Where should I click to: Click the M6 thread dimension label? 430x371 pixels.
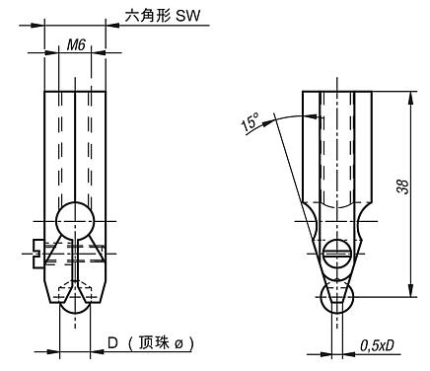[74, 44]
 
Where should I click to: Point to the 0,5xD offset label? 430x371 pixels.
[378, 344]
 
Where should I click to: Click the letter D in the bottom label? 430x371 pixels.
[112, 343]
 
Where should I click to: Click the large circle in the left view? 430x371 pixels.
[75, 220]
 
